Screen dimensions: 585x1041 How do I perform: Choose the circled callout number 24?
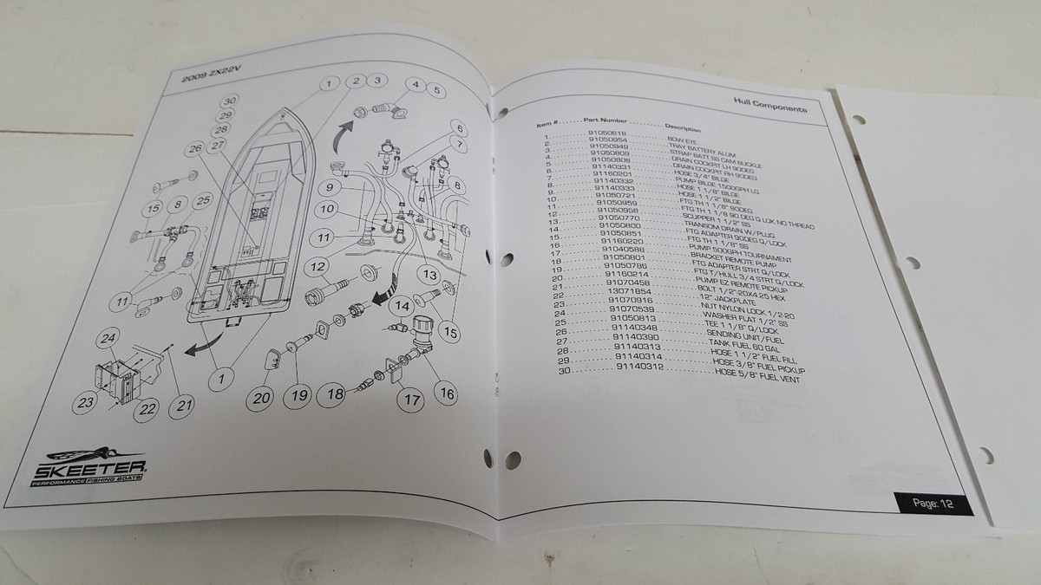coord(108,337)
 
